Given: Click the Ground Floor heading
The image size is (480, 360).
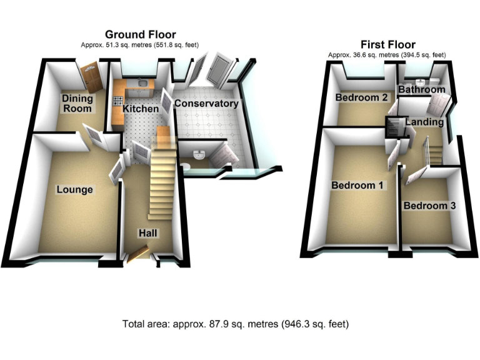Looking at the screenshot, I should (140, 34).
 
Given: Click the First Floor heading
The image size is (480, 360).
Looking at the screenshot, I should (387, 44).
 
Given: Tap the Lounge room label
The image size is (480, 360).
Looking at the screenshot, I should (74, 189).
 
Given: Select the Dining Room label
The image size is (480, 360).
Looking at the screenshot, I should (77, 104).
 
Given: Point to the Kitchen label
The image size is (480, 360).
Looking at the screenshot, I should (141, 109).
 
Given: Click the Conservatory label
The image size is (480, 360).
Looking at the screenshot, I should (206, 103).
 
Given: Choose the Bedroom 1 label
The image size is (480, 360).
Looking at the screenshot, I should (358, 186).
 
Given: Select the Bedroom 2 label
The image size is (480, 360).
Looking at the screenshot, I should (362, 97).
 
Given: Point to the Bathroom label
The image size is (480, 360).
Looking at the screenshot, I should (422, 89).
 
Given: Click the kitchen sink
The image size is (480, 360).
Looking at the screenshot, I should (142, 82).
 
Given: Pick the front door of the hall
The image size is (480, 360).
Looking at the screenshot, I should (139, 252).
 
